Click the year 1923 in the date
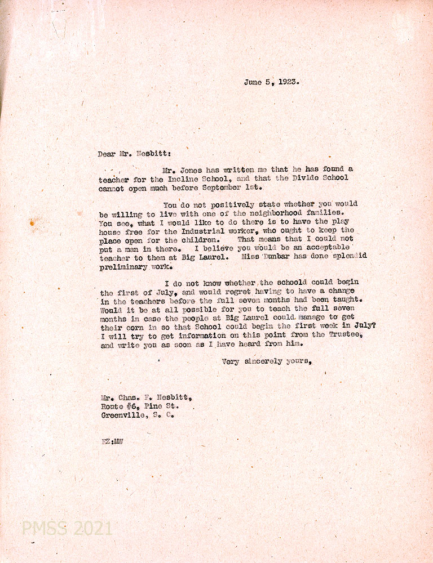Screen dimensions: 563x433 [287, 82]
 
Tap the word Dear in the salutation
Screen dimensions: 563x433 [107, 153]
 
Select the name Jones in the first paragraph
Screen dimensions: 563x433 [198, 169]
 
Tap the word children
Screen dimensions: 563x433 [200, 239]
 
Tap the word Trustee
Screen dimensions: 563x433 [337, 336]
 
